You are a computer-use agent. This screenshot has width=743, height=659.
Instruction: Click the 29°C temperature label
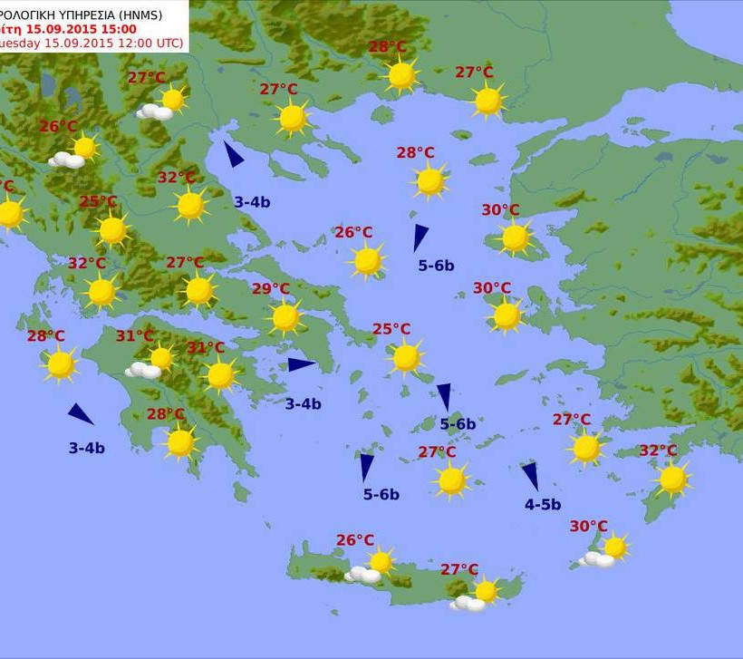coord(270,289)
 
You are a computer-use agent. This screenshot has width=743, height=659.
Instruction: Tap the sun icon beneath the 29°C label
coord(285,317)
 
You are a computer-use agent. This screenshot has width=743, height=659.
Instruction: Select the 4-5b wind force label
coord(543,505)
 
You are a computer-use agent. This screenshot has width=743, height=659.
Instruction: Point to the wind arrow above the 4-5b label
coord(530,477)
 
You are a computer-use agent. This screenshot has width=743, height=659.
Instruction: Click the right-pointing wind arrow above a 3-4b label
coord(301,364)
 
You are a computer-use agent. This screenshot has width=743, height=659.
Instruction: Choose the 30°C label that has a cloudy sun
coord(588,526)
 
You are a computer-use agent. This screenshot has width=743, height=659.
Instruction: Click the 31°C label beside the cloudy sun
coord(134,336)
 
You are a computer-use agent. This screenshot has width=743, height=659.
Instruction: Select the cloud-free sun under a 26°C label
coord(367,261)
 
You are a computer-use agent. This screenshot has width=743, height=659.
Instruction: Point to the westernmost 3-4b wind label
coord(86,448)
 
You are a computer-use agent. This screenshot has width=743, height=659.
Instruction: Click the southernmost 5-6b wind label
coord(381,494)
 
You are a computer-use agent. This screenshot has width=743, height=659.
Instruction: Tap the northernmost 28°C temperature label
coord(387,47)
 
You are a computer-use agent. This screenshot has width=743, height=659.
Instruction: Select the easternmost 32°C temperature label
coord(658,451)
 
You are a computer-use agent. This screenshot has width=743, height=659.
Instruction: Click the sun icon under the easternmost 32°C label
coord(672,480)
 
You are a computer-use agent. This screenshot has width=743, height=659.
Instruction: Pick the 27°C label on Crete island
coord(459,569)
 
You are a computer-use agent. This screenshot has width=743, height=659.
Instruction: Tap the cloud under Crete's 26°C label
coord(364,575)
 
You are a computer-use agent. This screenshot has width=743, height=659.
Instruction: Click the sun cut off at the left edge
coord(9,214)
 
